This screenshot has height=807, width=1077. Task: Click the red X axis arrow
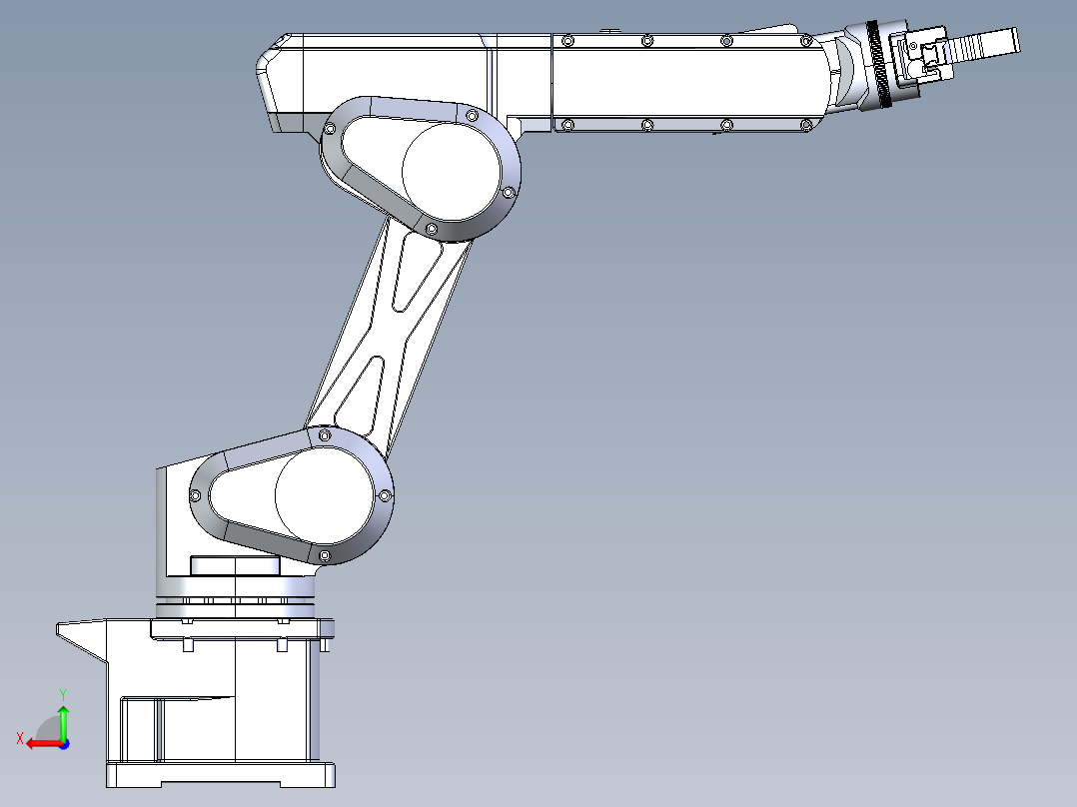point(40,743)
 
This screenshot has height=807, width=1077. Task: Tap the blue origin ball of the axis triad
point(63,743)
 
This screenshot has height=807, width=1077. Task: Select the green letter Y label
point(62,692)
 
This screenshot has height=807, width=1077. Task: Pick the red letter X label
point(19,738)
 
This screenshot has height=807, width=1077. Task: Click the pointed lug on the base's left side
point(78,634)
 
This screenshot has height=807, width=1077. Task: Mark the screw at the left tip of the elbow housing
point(329,129)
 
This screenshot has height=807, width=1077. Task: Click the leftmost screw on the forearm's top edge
point(567,41)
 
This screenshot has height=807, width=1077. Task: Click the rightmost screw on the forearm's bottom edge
point(806,125)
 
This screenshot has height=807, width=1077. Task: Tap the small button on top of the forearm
point(605,32)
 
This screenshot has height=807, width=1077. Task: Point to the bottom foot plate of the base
point(220,775)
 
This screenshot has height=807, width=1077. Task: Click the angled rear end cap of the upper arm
point(275,80)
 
